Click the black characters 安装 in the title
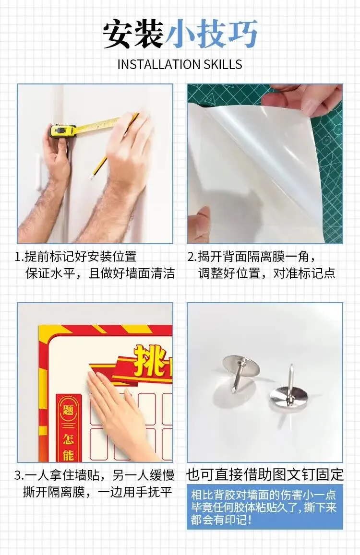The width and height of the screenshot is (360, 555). (x=133, y=35)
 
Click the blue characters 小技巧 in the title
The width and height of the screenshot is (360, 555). (x=211, y=35)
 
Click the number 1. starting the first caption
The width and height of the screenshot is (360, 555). (x=19, y=257)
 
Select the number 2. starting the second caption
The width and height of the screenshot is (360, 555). (x=191, y=257)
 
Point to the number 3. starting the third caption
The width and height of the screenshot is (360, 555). (x=19, y=475)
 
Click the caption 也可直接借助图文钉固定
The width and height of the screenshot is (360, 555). (x=265, y=475)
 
